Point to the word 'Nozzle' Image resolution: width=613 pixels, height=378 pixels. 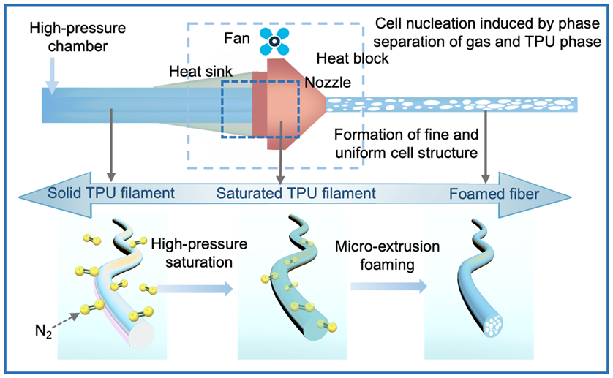328,83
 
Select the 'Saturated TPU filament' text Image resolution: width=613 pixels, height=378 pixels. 296,194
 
